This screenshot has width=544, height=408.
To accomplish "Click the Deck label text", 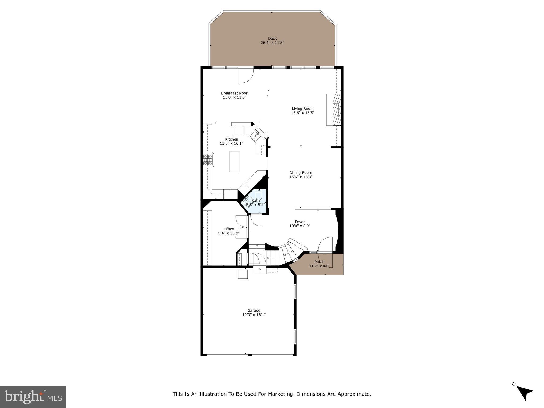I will (272, 39).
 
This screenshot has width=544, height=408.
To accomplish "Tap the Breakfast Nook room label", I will (234, 93).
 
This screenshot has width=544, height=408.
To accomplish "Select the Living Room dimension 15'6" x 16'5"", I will (303, 113).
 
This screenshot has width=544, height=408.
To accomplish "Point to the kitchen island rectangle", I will (234, 161).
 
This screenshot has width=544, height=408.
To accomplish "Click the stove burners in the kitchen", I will (208, 160).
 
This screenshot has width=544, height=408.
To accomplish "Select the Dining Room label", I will (301, 173).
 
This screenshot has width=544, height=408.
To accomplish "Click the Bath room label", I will (255, 201).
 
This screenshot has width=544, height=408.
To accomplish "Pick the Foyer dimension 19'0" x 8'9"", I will (300, 226).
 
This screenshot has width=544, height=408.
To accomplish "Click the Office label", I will (229, 229).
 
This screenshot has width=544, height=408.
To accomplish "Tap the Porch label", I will (319, 262).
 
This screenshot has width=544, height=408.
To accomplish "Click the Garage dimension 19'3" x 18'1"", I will (254, 315).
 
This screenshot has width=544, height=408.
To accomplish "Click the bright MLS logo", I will (33, 397).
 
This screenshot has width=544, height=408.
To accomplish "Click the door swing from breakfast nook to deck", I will (246, 75).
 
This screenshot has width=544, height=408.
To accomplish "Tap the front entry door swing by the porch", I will (326, 244).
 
